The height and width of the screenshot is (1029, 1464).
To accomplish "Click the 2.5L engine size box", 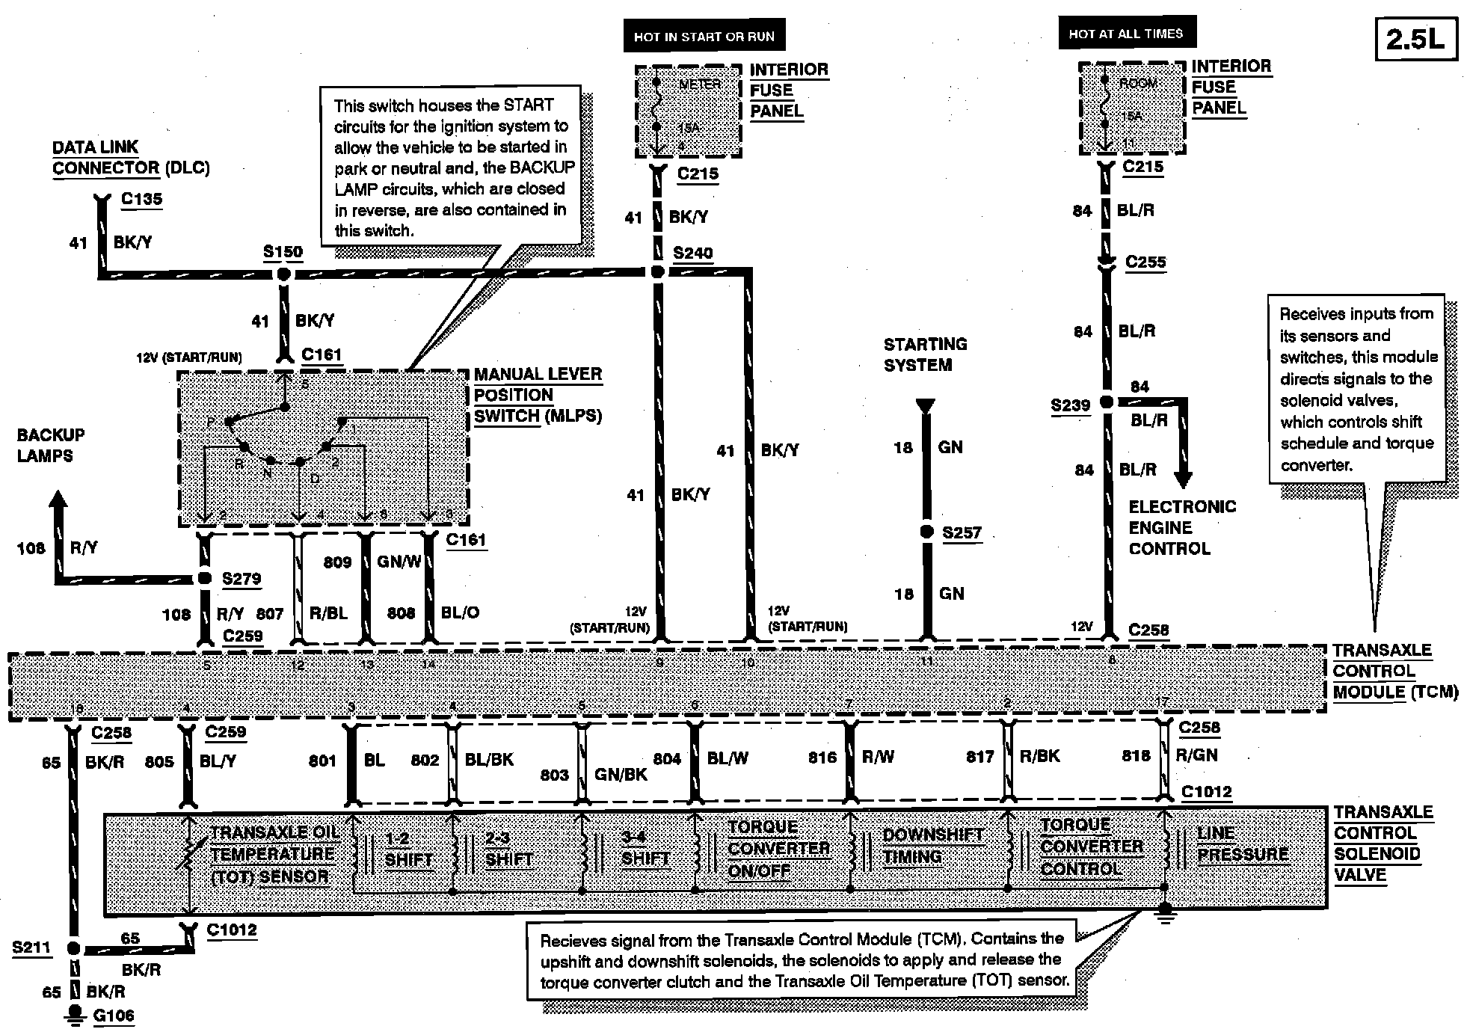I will point(1416,39).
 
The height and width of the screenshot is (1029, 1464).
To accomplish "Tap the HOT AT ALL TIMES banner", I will point(1126,34).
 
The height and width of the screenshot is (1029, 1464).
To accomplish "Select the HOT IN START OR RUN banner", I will point(704,37).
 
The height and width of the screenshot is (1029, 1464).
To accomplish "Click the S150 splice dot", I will point(283,274).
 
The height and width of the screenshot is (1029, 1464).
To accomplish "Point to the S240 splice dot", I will point(658,272).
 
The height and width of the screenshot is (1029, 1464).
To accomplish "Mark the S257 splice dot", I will point(926,532).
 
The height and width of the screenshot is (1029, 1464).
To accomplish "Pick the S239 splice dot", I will point(1107,402).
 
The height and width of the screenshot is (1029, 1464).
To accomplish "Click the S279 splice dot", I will point(204,579).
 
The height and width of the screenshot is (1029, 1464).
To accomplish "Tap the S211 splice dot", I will point(73,949).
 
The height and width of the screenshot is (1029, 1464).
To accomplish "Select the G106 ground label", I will point(113,1016).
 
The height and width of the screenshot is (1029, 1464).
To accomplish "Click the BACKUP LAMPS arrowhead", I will point(58,500).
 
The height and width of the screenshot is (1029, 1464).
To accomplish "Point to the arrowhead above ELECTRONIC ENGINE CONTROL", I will point(1183,479).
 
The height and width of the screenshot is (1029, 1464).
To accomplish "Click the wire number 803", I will point(555,775).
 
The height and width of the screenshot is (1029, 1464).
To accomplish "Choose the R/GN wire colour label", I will point(1196,755).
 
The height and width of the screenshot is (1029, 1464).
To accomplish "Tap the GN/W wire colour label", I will point(399,562).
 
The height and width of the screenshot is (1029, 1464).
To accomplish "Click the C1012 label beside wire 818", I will point(1207,792).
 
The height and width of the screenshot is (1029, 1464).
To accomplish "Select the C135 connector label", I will point(141,199).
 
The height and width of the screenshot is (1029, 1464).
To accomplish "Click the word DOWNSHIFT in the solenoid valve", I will point(932,835).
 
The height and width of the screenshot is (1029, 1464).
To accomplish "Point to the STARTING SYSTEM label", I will point(925,354).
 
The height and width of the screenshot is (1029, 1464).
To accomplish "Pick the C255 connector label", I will point(1145,262).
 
